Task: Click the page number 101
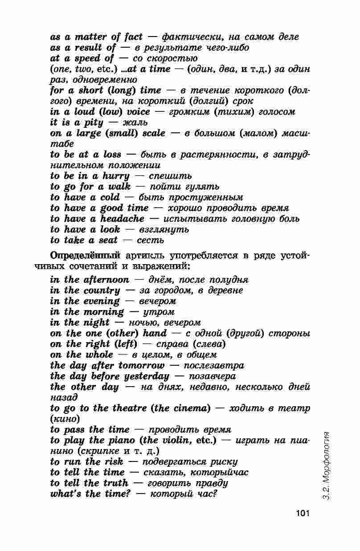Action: tap(302, 514)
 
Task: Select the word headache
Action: tap(122, 219)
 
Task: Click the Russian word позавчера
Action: tap(213, 376)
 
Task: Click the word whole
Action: tap(99, 355)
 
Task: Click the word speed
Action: tap(87, 58)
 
